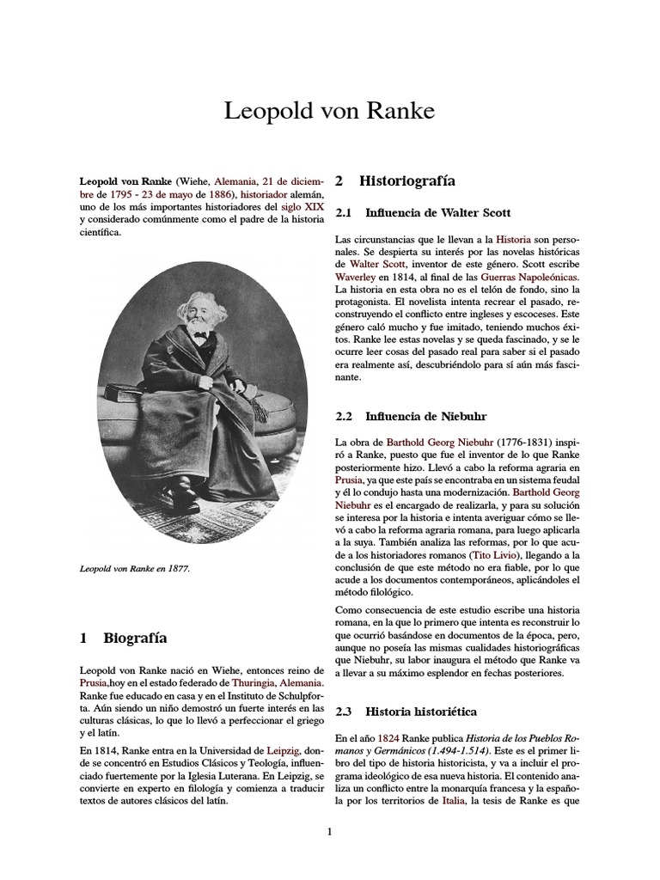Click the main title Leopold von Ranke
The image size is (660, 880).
click(329, 111)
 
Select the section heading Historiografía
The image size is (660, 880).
click(406, 181)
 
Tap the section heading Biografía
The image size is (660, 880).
click(135, 638)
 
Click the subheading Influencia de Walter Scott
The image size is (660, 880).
click(437, 211)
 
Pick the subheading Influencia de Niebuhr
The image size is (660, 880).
click(425, 417)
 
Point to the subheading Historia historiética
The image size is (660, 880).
click(420, 712)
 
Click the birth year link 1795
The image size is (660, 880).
click(122, 194)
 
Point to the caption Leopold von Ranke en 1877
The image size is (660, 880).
click(134, 569)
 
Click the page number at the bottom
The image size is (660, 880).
click(329, 831)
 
